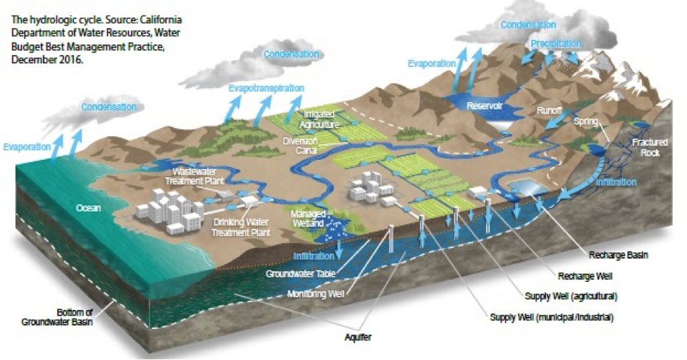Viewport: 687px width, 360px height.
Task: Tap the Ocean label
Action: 89,209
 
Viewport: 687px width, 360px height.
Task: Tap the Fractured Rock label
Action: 645,147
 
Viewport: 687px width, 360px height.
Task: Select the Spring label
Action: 586,121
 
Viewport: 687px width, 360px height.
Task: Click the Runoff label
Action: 549,111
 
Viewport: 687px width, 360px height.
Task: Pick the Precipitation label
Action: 556,44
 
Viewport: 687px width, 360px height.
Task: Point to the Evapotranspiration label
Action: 266,89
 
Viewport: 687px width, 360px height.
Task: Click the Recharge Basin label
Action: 617,255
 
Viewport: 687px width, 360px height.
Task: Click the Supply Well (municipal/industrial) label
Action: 552,318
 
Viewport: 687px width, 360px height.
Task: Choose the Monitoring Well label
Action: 316,294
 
